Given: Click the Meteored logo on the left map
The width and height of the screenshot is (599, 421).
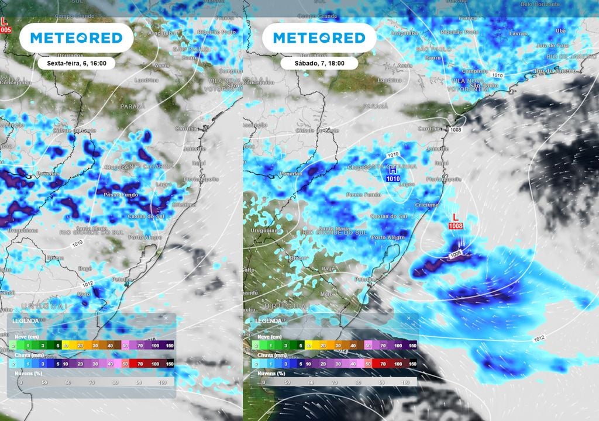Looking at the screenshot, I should point(76,38).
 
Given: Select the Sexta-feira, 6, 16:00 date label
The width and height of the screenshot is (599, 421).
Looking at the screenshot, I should point(76,63).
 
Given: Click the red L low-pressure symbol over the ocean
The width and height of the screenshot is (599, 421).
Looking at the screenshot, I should point(456,217).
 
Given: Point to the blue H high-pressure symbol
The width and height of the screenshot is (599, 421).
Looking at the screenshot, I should point(393,170).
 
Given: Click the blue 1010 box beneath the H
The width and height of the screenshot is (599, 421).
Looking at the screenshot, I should point(393,178).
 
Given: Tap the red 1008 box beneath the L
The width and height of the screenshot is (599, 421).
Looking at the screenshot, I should point(456,225).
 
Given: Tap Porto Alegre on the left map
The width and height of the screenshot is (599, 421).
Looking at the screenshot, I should point(144,237).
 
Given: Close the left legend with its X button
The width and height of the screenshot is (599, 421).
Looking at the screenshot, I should point(166,318).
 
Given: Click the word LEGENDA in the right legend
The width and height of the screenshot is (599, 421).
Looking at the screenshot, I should point(268,320).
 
